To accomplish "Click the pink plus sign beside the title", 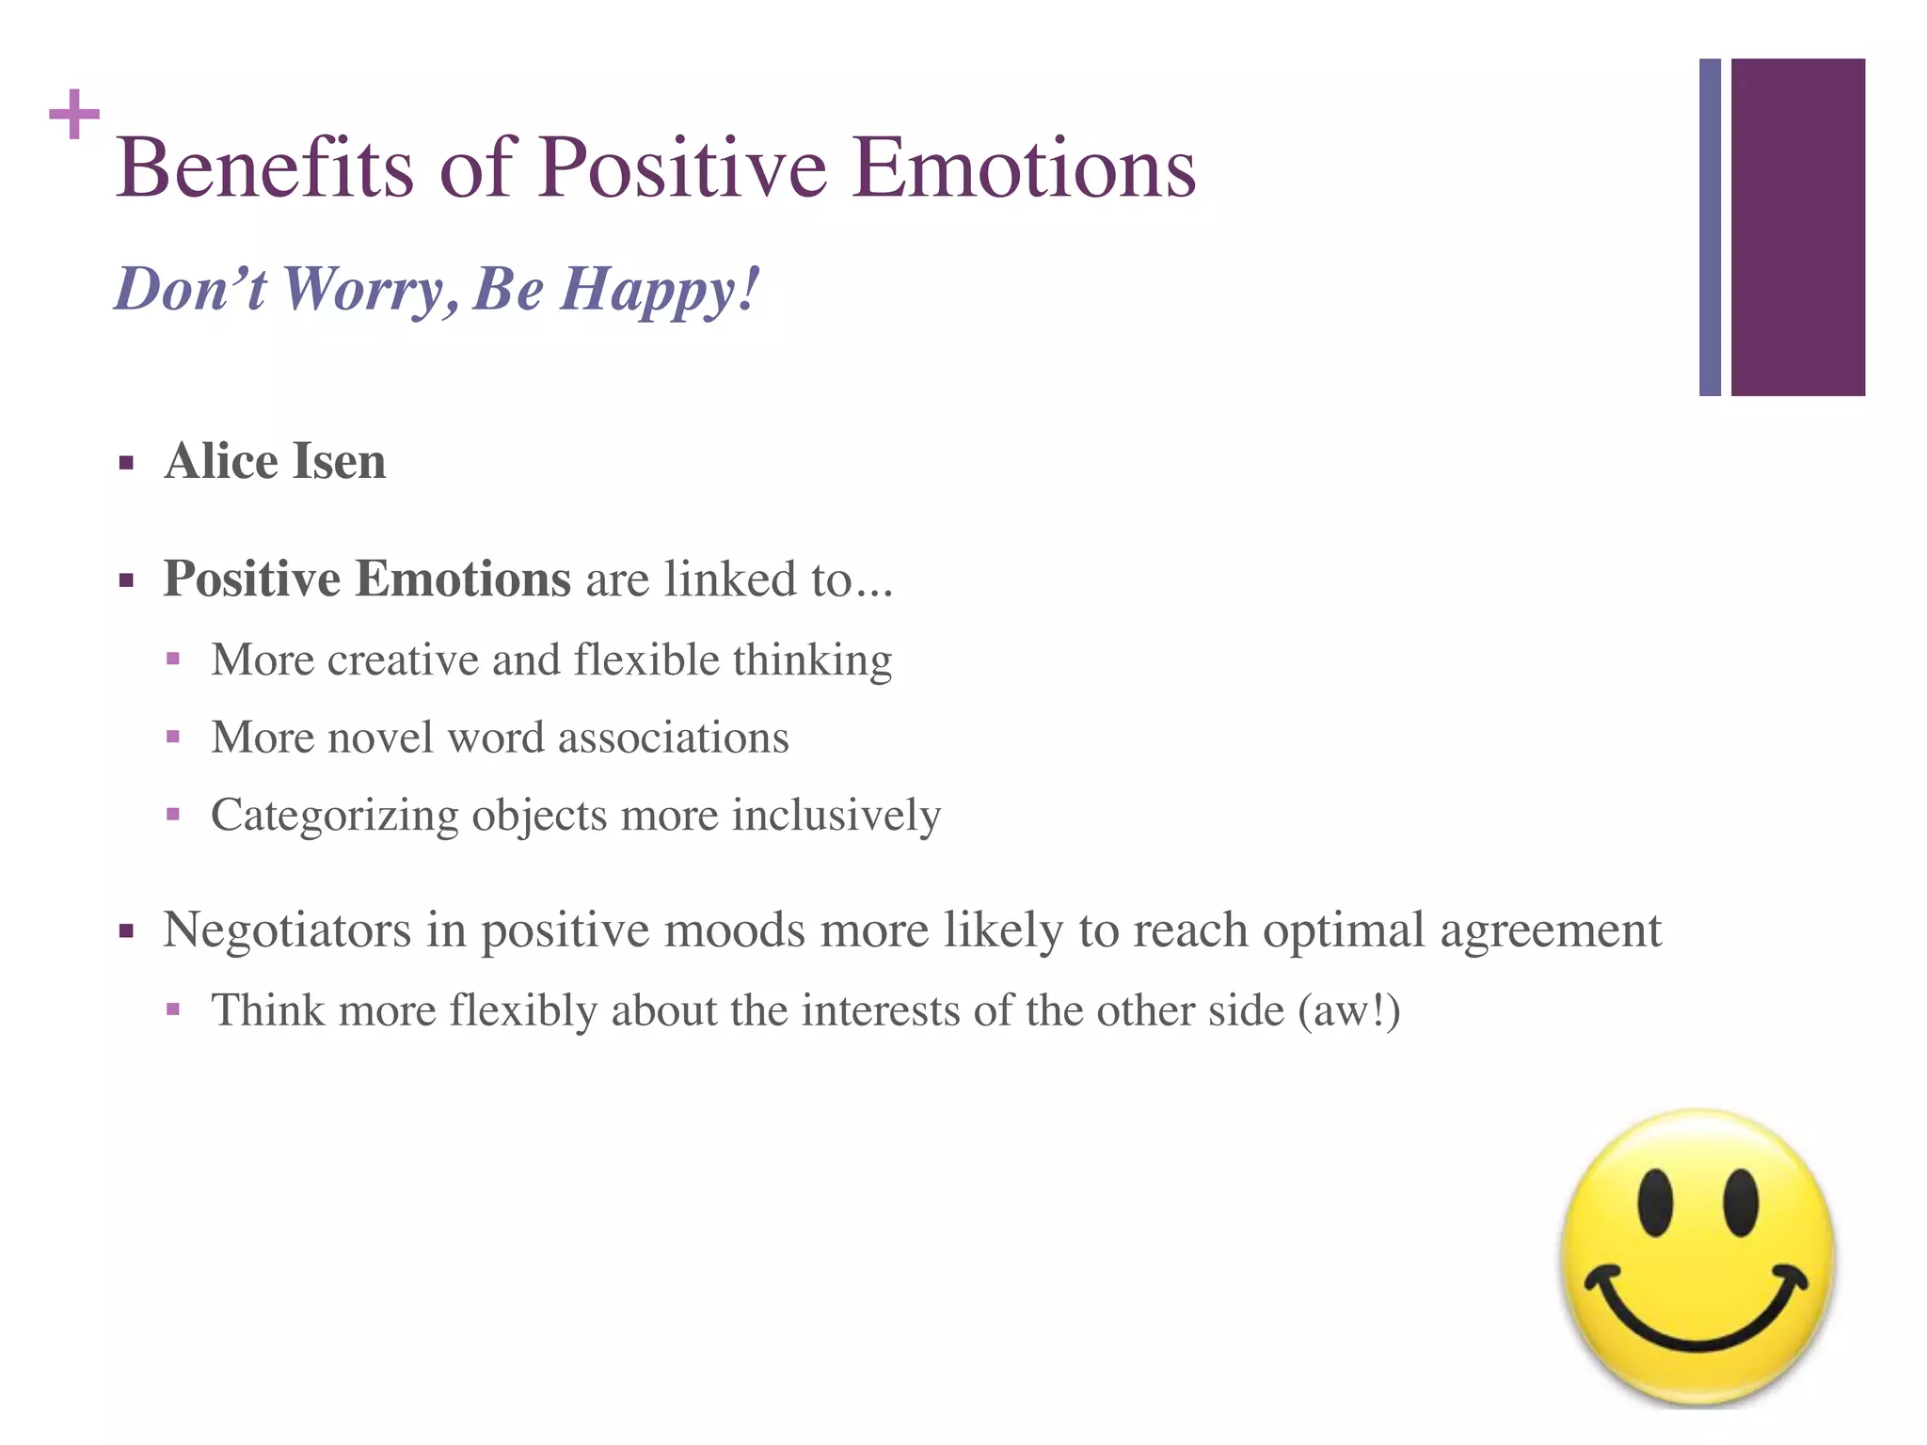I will [x=74, y=115].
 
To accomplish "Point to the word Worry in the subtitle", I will [x=362, y=290].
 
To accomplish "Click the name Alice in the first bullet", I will [x=221, y=462].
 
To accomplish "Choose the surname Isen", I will [x=340, y=462].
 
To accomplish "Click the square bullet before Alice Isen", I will [x=126, y=463].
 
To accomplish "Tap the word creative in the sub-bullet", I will [x=403, y=659].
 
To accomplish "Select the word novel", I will [x=380, y=737].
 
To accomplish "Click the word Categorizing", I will [x=334, y=816].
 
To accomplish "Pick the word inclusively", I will [x=836, y=815].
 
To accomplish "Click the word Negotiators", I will [x=287, y=930].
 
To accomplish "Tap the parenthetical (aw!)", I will [x=1348, y=1011].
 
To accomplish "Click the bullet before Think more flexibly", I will [x=173, y=1010].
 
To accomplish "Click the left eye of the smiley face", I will [x=1654, y=1202].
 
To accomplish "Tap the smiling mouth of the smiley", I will [x=1696, y=1317].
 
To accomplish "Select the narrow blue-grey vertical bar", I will [x=1710, y=227].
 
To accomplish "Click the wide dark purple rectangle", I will [x=1797, y=227].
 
